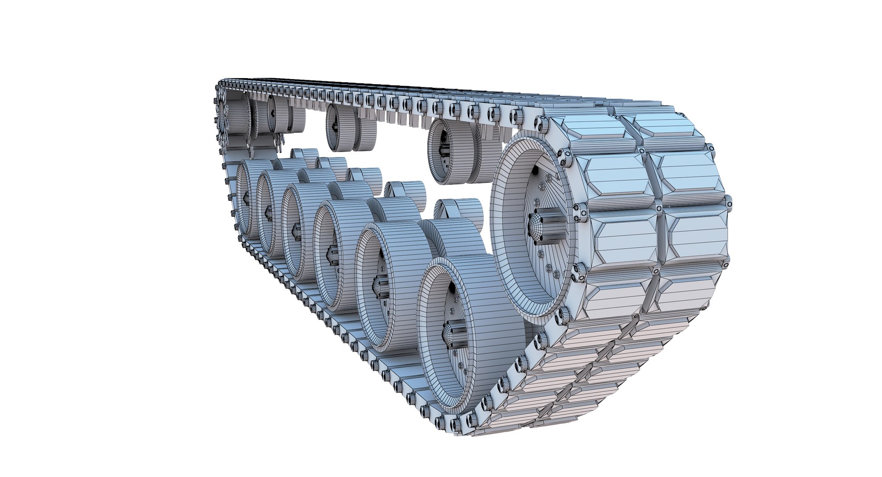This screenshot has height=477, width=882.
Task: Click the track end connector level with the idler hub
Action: tap(580, 214)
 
